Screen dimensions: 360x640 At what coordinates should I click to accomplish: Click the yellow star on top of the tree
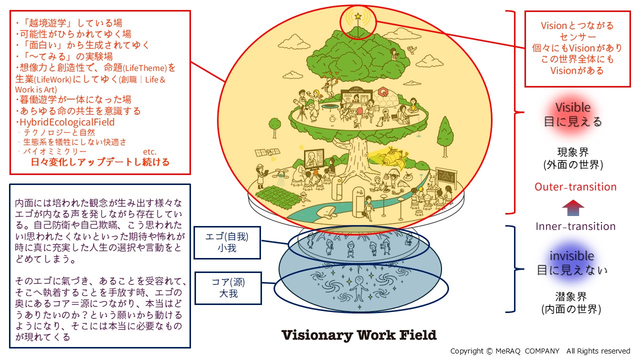click(358, 16)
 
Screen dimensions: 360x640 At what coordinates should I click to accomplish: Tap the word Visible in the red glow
click(573, 107)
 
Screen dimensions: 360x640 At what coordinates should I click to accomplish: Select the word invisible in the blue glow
click(572, 255)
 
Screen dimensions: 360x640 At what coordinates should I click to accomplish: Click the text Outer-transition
click(575, 187)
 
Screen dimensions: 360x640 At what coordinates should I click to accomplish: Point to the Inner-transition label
click(575, 226)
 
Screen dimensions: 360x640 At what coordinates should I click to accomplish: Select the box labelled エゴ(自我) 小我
click(227, 242)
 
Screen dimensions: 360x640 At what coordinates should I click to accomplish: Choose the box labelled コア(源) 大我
click(227, 287)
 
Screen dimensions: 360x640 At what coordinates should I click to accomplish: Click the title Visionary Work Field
click(359, 335)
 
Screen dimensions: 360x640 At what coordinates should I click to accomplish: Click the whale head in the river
click(329, 213)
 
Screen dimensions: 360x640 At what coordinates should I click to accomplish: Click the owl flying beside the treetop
click(411, 49)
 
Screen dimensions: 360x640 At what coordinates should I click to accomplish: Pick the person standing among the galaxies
click(359, 287)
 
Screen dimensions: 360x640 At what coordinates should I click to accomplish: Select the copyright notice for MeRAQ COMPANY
click(540, 351)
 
